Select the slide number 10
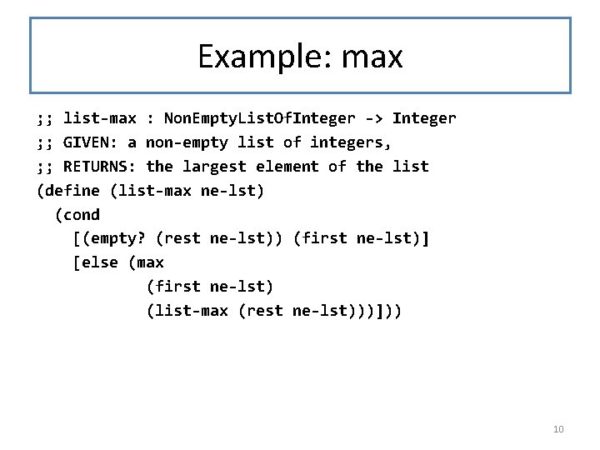tap(558, 429)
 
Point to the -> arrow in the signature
tap(373, 118)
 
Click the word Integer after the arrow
tap(424, 118)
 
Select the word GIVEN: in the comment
tap(91, 142)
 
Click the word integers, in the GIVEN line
tap(350, 142)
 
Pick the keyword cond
tap(82, 215)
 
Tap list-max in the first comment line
tap(100, 118)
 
